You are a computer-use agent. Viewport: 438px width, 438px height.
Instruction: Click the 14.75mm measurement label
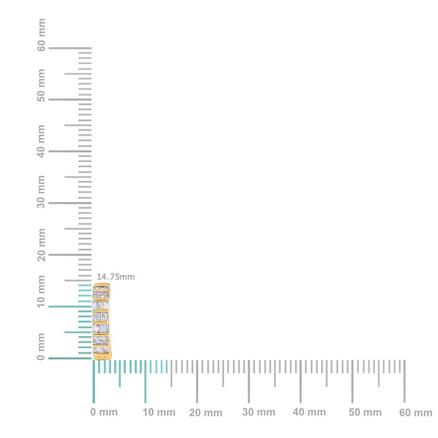(x=115, y=277)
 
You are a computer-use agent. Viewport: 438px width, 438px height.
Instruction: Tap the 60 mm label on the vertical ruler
(x=41, y=35)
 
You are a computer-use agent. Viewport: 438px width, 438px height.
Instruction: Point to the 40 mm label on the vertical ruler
(x=41, y=141)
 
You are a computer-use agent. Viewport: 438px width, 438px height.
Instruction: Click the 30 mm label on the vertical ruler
(x=41, y=191)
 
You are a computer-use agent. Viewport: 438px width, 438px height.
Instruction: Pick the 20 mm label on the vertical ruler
(x=41, y=244)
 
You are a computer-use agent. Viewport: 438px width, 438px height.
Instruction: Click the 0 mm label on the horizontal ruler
(x=104, y=412)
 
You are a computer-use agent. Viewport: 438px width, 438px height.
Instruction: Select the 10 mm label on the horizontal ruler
(x=159, y=413)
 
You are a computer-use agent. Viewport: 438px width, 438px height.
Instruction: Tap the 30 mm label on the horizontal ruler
(x=259, y=412)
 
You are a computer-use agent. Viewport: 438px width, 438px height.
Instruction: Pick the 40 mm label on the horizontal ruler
(x=309, y=412)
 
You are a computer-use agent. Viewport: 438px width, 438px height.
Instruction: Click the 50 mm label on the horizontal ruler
(x=365, y=413)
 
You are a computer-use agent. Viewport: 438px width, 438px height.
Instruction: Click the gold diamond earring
(x=101, y=321)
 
